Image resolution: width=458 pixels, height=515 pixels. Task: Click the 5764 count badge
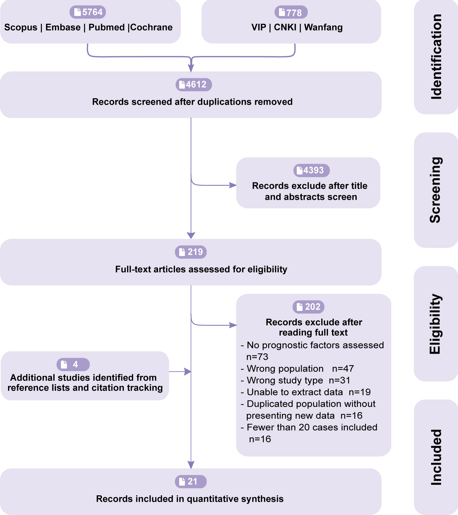(x=88, y=12)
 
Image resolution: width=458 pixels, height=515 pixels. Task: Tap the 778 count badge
(x=291, y=12)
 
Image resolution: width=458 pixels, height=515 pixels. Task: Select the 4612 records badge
(x=194, y=85)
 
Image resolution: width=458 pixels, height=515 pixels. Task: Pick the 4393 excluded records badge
(x=312, y=170)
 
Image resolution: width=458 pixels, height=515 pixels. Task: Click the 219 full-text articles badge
(x=191, y=252)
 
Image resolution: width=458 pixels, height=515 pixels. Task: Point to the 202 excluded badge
(x=309, y=307)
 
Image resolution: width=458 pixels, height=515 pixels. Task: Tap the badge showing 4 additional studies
(x=73, y=364)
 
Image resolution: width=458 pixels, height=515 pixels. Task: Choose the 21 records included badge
(x=191, y=481)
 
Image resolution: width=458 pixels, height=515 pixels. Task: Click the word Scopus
(x=21, y=27)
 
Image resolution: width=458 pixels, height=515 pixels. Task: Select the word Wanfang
(x=324, y=27)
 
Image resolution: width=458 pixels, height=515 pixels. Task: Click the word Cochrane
(x=151, y=27)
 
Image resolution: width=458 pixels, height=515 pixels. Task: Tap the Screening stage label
(x=436, y=190)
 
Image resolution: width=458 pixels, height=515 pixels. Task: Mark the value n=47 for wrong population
(x=343, y=369)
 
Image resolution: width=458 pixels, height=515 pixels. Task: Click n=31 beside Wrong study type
(x=340, y=380)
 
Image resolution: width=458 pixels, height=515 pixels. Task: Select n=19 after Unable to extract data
(x=360, y=392)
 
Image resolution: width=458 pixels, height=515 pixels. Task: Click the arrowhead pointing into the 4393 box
(x=233, y=185)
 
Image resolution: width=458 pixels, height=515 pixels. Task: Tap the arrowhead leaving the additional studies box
(x=188, y=372)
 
